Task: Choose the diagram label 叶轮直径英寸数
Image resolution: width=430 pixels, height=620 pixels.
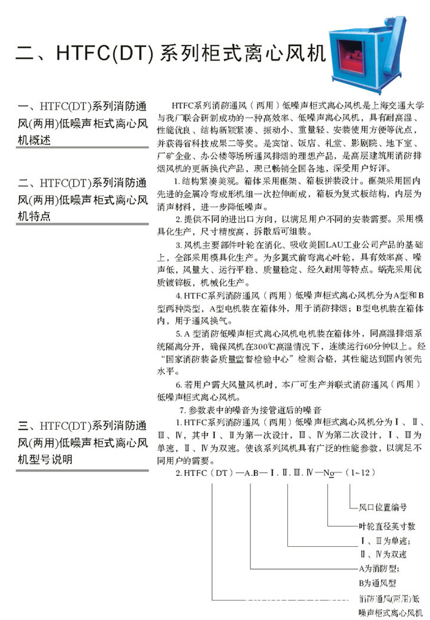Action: click(386, 526)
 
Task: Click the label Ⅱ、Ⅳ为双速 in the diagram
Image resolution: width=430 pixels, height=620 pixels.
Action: click(382, 554)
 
